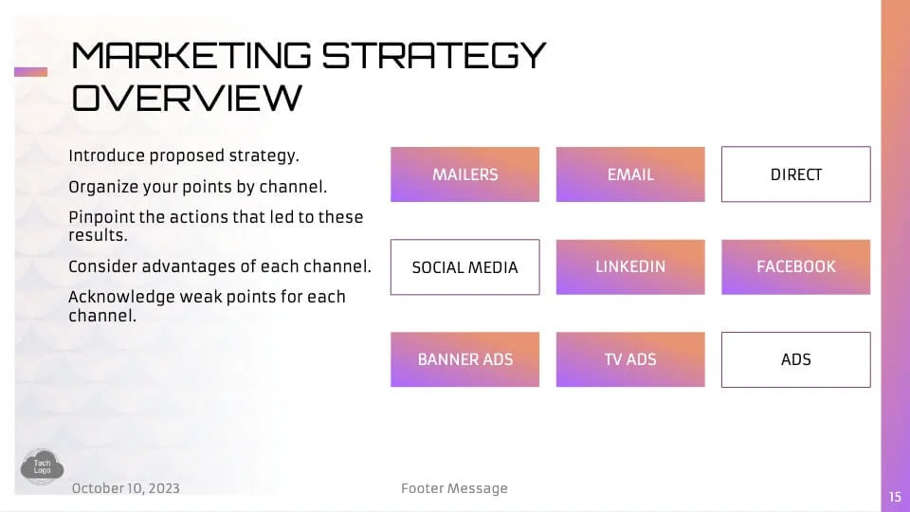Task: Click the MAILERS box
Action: coord(464,174)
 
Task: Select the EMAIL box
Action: coord(630,174)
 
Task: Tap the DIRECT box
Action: coord(795,174)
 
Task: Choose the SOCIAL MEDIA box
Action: coord(464,267)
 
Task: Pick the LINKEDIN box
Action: coord(630,267)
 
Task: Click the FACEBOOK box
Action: coord(795,267)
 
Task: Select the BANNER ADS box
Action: coord(464,359)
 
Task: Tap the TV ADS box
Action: coord(630,359)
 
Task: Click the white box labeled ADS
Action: coord(795,359)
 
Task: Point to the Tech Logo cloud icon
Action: coord(42,466)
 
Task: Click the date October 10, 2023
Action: coord(126,488)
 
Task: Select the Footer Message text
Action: coord(454,488)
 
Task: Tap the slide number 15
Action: coord(895,497)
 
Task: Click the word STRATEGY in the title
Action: coord(433,55)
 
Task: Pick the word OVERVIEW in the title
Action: coord(187,97)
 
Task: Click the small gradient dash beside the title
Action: coord(30,72)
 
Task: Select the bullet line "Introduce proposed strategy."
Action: coord(184,155)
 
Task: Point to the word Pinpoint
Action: coord(101,217)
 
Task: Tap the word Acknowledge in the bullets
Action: coord(121,297)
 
